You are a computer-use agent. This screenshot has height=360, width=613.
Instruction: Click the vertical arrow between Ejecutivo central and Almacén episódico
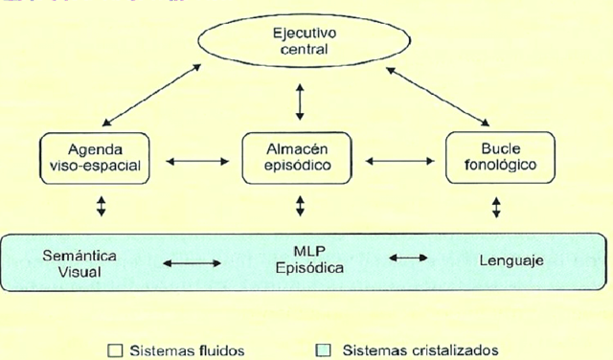click(x=300, y=101)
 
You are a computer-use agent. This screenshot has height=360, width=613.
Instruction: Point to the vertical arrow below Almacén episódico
click(x=301, y=206)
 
